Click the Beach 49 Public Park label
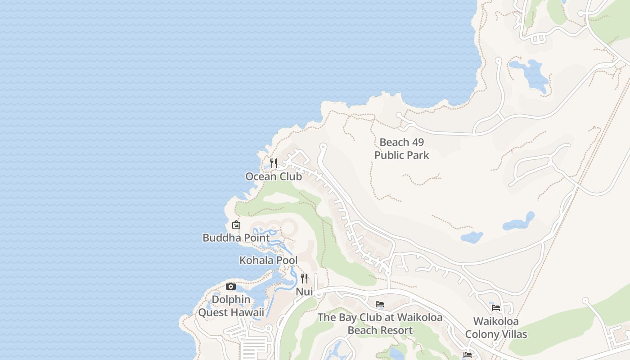click(x=401, y=148)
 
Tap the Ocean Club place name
click(x=274, y=176)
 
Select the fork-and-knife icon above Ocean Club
click(x=273, y=163)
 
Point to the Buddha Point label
click(x=236, y=238)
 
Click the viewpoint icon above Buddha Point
click(x=236, y=225)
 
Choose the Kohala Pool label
click(x=268, y=260)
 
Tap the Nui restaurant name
click(x=304, y=292)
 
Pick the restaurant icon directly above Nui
click(x=304, y=279)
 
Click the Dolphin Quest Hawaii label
click(x=231, y=306)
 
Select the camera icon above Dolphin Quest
click(x=231, y=287)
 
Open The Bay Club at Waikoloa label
click(x=380, y=324)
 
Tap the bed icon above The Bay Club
click(x=380, y=305)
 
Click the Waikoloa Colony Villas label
click(x=496, y=328)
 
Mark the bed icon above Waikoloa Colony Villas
click(x=496, y=308)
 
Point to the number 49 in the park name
click(x=416, y=142)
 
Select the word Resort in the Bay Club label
click(x=396, y=330)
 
